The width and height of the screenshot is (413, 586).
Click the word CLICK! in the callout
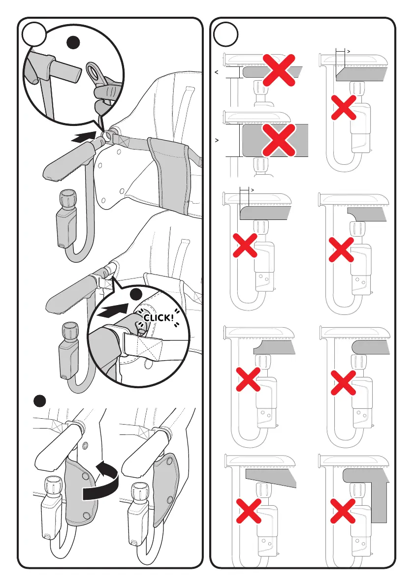pyautogui.click(x=159, y=318)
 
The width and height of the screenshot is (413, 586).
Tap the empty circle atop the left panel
pyautogui.click(x=34, y=34)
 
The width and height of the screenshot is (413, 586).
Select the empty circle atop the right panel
pyautogui.click(x=225, y=34)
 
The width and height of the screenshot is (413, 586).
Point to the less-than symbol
pyautogui.click(x=217, y=72)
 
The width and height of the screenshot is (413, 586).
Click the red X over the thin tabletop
pyautogui.click(x=279, y=70)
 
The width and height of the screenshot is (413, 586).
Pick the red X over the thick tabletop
pyautogui.click(x=279, y=140)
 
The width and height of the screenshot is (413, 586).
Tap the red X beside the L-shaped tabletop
pyautogui.click(x=343, y=511)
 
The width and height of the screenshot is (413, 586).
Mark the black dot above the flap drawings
pyautogui.click(x=39, y=401)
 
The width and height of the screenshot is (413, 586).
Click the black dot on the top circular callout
pyautogui.click(x=73, y=42)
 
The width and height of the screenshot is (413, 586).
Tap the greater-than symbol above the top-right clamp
pyautogui.click(x=349, y=51)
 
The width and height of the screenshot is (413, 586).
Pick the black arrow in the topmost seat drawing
pyautogui.click(x=82, y=137)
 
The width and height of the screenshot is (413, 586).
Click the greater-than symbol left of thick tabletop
pyautogui.click(x=217, y=141)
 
